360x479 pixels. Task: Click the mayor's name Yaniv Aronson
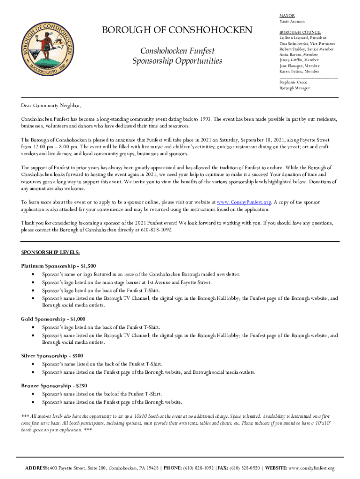(292, 22)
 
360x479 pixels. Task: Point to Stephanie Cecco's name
(291, 82)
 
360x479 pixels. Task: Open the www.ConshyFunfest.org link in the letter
(244, 202)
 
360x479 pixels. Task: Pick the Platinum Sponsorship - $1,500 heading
(58, 266)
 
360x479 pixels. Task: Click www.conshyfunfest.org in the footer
(312, 468)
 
